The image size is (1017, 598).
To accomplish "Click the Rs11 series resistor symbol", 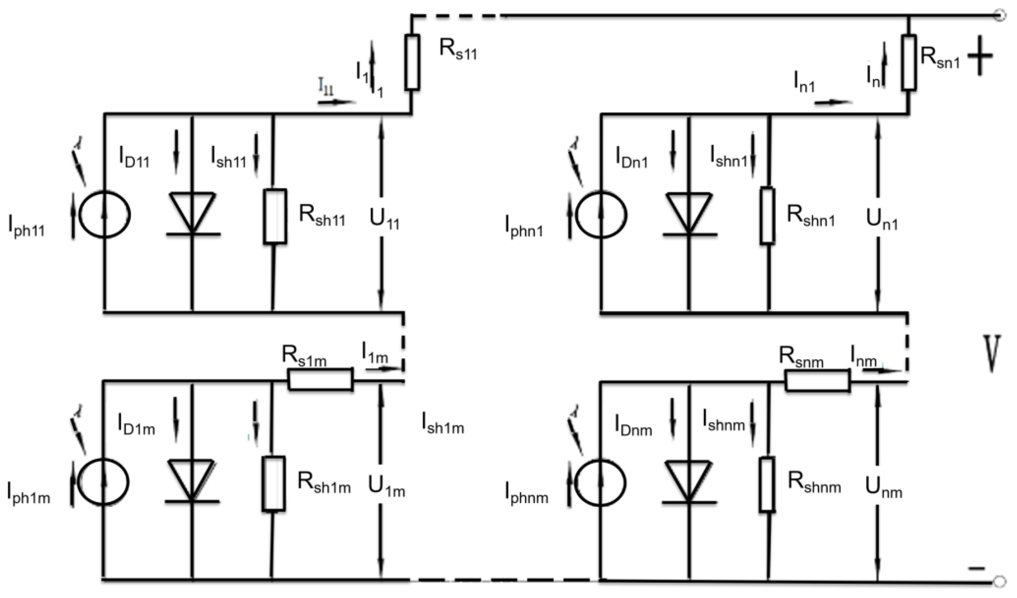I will [412, 62].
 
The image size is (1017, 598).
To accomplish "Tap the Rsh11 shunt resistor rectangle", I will [275, 216].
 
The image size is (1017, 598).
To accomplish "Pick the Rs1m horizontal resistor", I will [320, 379].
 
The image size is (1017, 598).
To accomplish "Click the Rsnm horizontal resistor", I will [817, 381].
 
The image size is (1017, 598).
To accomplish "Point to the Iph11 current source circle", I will [104, 215].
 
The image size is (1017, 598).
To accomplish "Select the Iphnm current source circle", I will [601, 482].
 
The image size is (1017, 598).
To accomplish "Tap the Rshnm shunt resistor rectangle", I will [767, 485].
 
